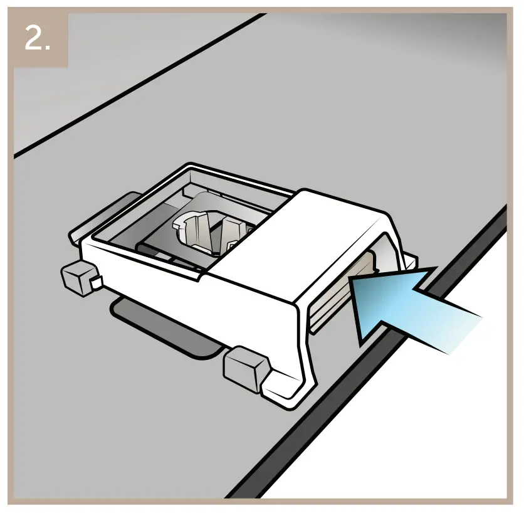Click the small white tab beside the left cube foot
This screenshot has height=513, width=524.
pos(96,284)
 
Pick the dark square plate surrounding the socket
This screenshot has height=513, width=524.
pos(157,238)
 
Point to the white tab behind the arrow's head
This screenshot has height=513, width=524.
pos(411,260)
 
